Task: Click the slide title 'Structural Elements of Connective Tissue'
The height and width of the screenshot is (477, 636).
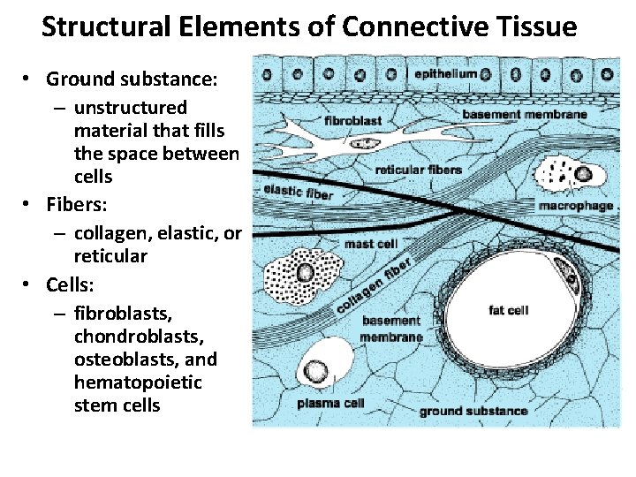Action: (x=309, y=27)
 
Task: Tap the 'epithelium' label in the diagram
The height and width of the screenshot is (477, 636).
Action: (x=445, y=74)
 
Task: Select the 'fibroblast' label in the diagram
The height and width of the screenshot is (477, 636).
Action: (x=353, y=119)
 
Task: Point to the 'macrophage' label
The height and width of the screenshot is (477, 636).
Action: (x=575, y=206)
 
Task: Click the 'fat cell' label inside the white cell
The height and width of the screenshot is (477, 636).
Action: (x=508, y=310)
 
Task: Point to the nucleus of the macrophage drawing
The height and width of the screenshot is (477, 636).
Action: (x=583, y=174)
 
